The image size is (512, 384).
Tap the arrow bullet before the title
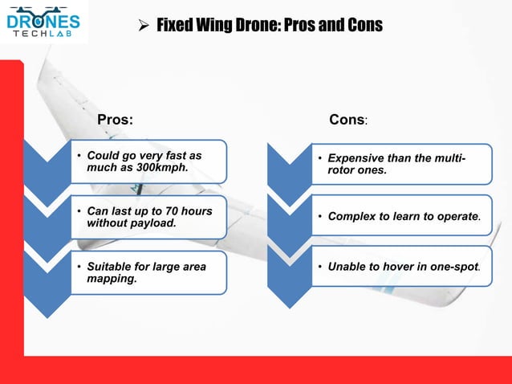(x=144, y=27)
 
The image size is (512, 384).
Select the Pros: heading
(x=115, y=120)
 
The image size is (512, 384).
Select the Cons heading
(x=347, y=120)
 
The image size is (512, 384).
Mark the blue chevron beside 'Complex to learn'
(x=288, y=216)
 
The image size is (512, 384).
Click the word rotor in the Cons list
(x=342, y=170)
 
